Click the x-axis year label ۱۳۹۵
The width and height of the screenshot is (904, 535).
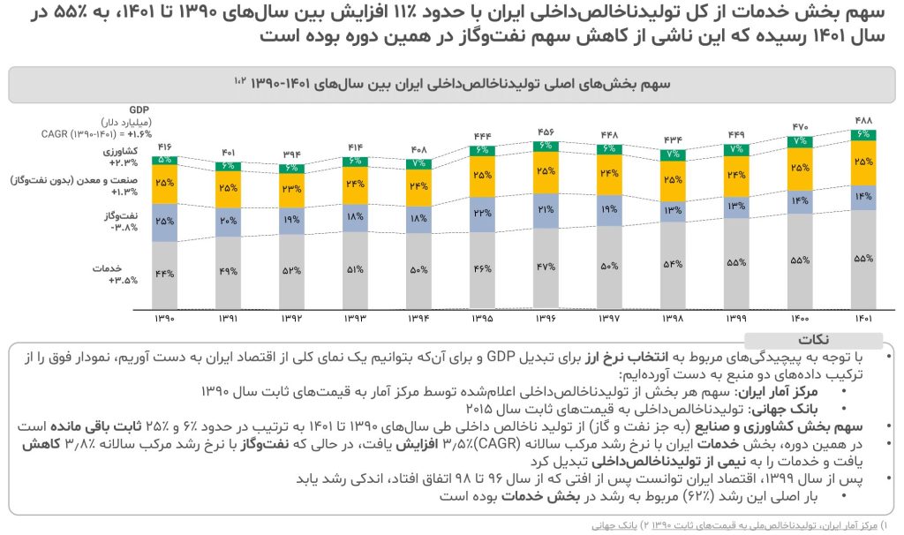click(483, 318)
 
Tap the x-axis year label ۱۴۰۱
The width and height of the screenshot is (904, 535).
click(863, 318)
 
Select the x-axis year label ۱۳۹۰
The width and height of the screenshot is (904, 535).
click(164, 318)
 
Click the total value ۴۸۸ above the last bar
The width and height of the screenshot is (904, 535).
click(863, 120)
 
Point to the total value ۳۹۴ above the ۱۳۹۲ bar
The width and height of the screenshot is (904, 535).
click(291, 154)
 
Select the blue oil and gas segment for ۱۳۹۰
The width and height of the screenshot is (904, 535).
click(164, 220)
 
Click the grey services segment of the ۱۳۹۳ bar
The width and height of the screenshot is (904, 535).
click(355, 270)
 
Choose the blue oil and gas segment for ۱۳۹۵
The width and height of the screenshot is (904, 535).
click(483, 214)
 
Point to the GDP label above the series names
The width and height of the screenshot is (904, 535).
click(139, 109)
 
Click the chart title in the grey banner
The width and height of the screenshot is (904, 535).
click(450, 83)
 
